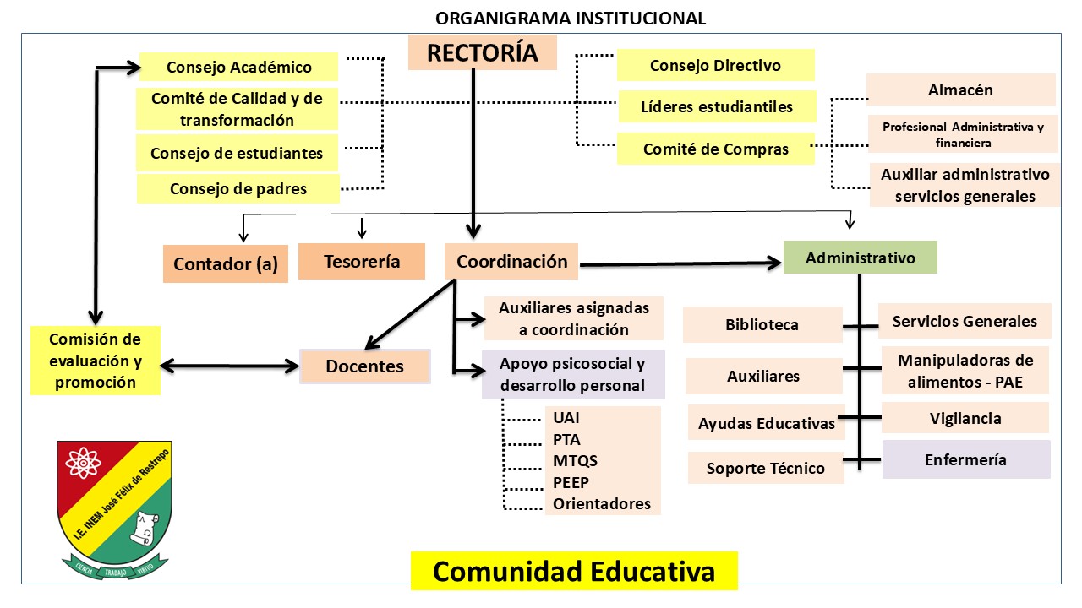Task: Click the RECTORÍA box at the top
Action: pyautogui.click(x=482, y=52)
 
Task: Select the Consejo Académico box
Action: pyautogui.click(x=238, y=68)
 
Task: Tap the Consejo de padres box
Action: pyautogui.click(x=238, y=188)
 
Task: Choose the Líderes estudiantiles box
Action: pyautogui.click(x=717, y=106)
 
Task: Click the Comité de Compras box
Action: pyautogui.click(x=715, y=149)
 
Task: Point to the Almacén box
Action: pyautogui.click(x=960, y=90)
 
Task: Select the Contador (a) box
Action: pyautogui.click(x=225, y=263)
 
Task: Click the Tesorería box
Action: pyautogui.click(x=361, y=262)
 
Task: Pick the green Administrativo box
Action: pyautogui.click(x=860, y=258)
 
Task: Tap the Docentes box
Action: pyautogui.click(x=364, y=366)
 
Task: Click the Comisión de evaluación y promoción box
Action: pyautogui.click(x=95, y=361)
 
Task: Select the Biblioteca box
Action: pyautogui.click(x=762, y=325)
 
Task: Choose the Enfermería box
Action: pyautogui.click(x=965, y=459)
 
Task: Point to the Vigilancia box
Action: pyautogui.click(x=965, y=418)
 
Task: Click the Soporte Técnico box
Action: pyautogui.click(x=765, y=468)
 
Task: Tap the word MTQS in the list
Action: pyautogui.click(x=575, y=461)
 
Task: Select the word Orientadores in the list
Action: pyautogui.click(x=601, y=504)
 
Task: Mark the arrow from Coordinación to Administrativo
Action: pyautogui.click(x=680, y=264)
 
